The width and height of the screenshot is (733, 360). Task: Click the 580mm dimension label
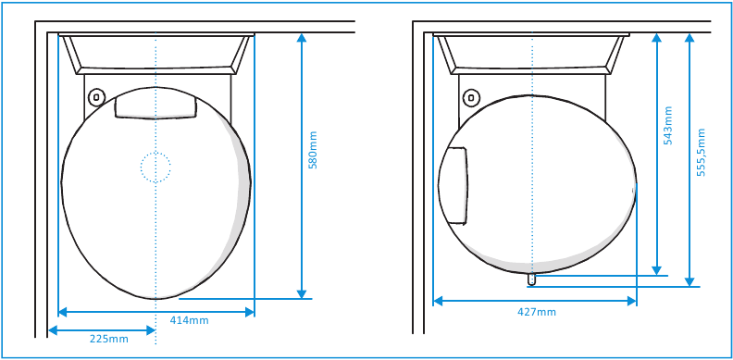coord(313,150)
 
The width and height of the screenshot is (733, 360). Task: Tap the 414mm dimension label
coord(189,321)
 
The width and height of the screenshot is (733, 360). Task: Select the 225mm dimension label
coord(108,340)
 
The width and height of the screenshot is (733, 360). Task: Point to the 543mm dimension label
coord(668,123)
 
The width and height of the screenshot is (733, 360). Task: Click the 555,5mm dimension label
coord(701,152)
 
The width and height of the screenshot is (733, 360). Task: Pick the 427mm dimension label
coord(537,312)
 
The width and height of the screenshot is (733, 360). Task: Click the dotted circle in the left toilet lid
coord(155,167)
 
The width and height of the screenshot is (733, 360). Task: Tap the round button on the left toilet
coord(95,96)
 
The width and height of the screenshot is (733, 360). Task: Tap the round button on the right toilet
coord(471,96)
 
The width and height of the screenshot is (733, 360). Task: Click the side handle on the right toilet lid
coord(453,185)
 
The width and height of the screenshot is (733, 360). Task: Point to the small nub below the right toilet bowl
coord(531,279)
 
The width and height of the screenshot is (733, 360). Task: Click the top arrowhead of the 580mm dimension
coord(302,39)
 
